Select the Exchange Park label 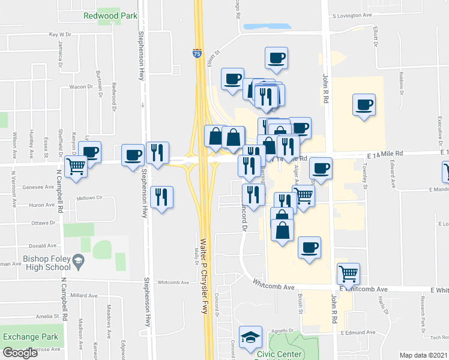pyautogui.click(x=31, y=337)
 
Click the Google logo pyautogui.click(x=20, y=353)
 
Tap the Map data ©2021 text pyautogui.click(x=423, y=355)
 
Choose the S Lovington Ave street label pyautogui.click(x=361, y=16)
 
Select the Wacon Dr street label pyautogui.click(x=79, y=86)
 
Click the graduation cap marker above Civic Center pyautogui.click(x=250, y=337)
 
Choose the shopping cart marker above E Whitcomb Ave pyautogui.click(x=348, y=274)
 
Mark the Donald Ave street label pyautogui.click(x=43, y=245)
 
